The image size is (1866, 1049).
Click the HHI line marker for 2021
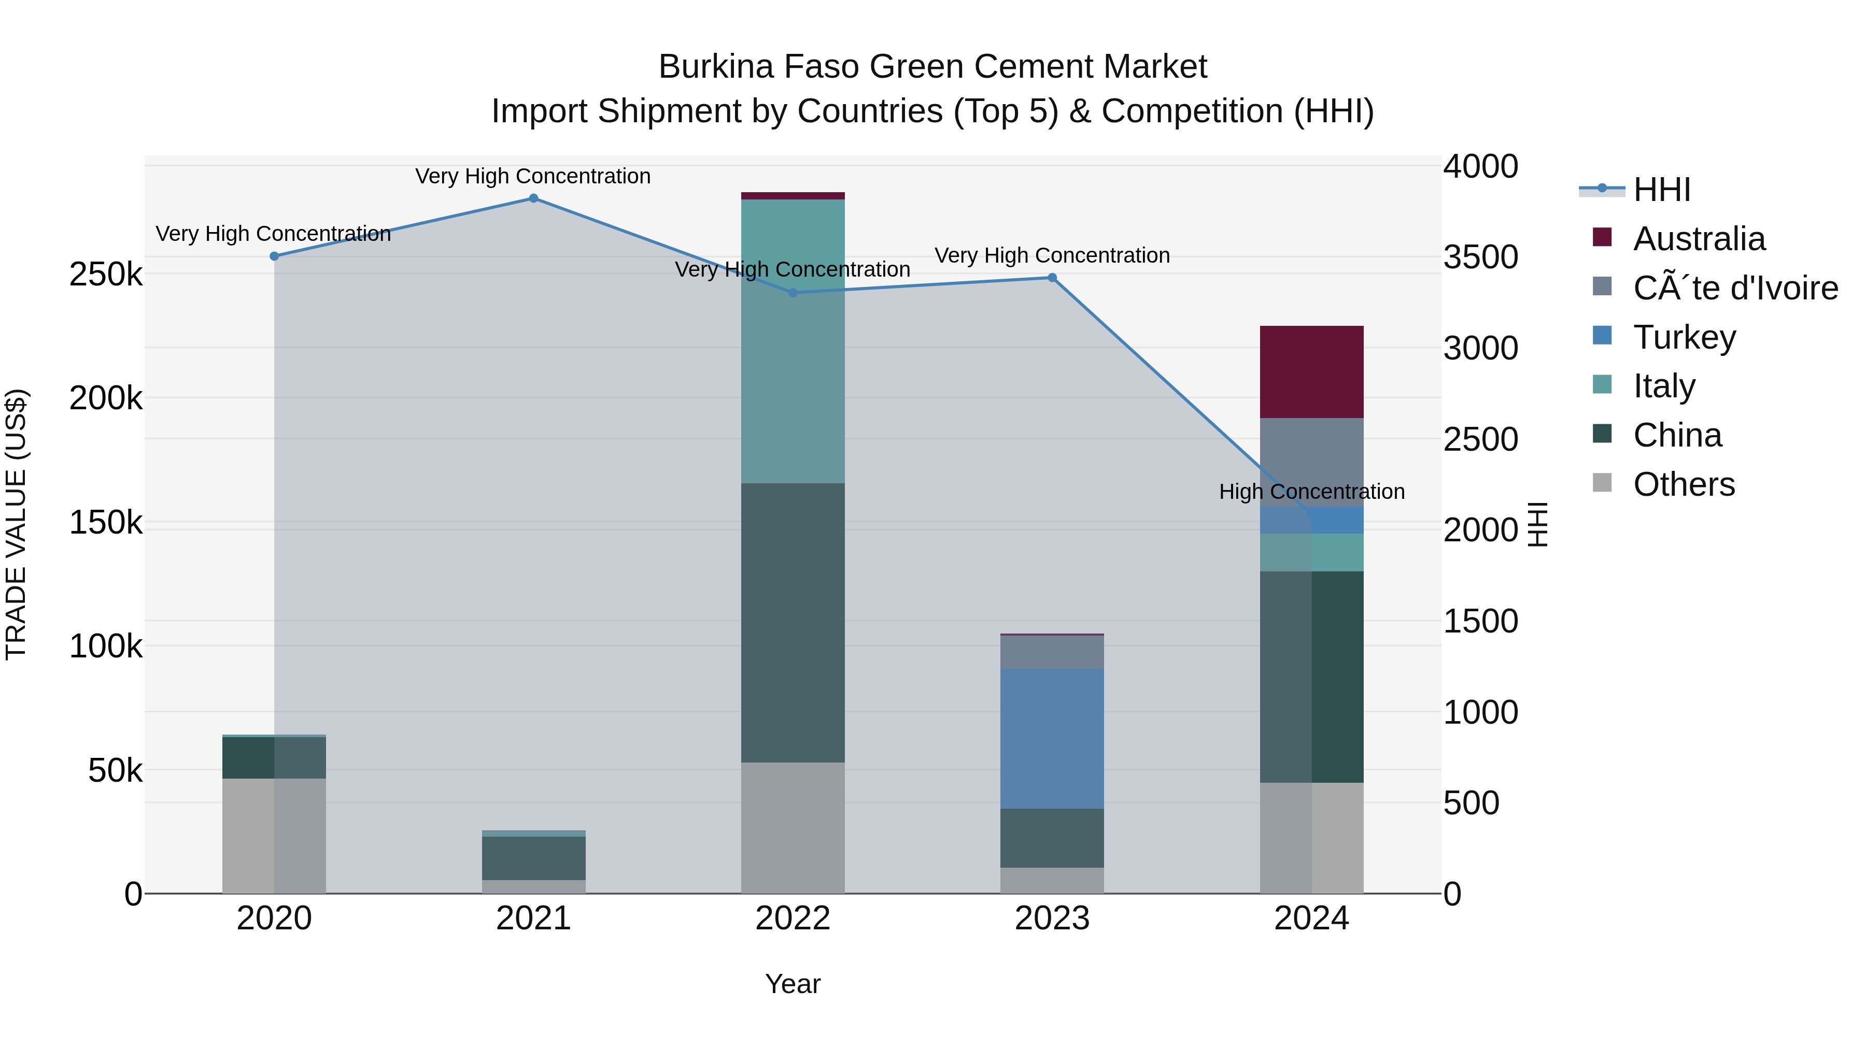[533, 198]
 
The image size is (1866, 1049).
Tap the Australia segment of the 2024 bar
[1312, 372]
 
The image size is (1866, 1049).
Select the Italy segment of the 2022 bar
[793, 341]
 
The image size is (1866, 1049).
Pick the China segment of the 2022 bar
[793, 623]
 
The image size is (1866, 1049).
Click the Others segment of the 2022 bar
[793, 827]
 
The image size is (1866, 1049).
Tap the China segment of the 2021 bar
[534, 858]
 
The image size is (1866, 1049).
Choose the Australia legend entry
[1699, 239]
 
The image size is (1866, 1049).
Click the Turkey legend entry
[1684, 337]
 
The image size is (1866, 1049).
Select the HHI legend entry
[1662, 190]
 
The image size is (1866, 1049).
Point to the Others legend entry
[1684, 484]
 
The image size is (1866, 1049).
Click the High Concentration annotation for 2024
[1312, 492]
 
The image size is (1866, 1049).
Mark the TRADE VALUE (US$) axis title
[16, 524]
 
